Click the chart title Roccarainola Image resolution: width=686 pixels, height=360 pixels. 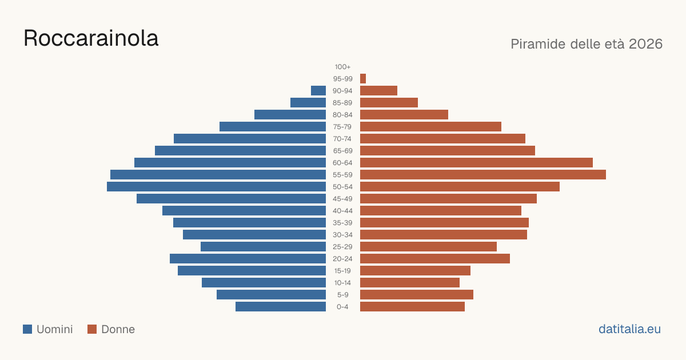click(x=91, y=38)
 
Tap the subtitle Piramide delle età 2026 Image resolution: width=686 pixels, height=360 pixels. click(x=587, y=44)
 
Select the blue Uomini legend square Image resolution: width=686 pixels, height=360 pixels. click(x=27, y=329)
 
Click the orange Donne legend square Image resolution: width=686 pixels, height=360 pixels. click(x=92, y=329)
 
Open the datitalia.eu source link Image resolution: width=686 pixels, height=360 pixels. click(x=629, y=329)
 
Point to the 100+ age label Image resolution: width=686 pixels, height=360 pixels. click(x=342, y=67)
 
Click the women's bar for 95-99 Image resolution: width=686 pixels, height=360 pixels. click(x=363, y=79)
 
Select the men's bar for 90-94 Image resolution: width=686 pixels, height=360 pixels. click(x=318, y=91)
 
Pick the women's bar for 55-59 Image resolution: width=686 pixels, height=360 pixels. click(x=483, y=174)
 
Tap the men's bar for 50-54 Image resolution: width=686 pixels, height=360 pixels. click(x=216, y=187)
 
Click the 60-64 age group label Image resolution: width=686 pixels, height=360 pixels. click(x=342, y=163)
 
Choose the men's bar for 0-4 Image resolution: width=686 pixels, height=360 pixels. click(x=281, y=307)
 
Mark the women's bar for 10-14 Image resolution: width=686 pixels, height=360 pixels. click(x=410, y=282)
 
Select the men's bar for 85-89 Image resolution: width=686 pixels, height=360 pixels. click(x=308, y=102)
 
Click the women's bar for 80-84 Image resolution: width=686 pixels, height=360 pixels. click(x=404, y=114)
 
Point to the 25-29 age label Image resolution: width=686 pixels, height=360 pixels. click(x=342, y=247)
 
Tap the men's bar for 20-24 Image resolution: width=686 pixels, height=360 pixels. click(x=248, y=259)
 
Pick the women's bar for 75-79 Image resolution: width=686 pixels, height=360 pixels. click(x=430, y=127)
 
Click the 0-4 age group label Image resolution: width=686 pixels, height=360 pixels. click(x=342, y=307)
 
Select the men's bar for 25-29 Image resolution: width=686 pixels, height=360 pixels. click(x=263, y=247)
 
